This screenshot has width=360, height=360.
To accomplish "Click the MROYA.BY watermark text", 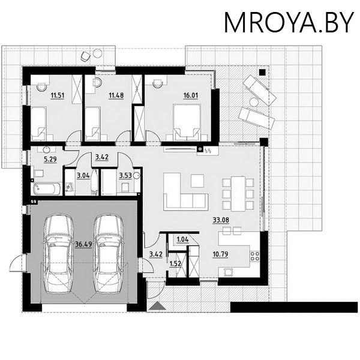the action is pyautogui.click(x=289, y=23).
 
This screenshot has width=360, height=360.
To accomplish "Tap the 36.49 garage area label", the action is pyautogui.click(x=83, y=244).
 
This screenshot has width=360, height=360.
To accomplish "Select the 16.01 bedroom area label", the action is pyautogui.click(x=191, y=95).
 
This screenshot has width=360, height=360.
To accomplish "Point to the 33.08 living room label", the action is pyautogui.click(x=221, y=220).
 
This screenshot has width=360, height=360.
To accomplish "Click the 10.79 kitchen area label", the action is pyautogui.click(x=220, y=254).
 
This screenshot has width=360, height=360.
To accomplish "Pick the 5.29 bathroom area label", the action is pyautogui.click(x=50, y=159).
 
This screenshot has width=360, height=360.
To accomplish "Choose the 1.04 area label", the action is pyautogui.click(x=183, y=239).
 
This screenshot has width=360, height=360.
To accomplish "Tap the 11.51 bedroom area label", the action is pyautogui.click(x=58, y=95).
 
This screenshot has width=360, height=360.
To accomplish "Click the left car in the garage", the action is pyautogui.click(x=59, y=254).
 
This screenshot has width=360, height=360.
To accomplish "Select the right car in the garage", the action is pyautogui.click(x=109, y=254).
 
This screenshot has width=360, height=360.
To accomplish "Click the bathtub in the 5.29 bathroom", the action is pyautogui.click(x=47, y=189).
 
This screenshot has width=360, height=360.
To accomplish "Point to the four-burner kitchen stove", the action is pyautogui.click(x=255, y=256).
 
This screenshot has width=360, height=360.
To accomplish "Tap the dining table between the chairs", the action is pyautogui.click(x=238, y=194).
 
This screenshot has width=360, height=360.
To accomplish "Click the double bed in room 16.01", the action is pyautogui.click(x=187, y=122).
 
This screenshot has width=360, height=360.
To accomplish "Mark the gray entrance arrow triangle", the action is pyautogui.click(x=157, y=306).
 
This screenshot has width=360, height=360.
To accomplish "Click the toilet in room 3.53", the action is pyautogui.click(x=125, y=187).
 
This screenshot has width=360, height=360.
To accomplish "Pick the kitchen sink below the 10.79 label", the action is pyautogui.click(x=228, y=272).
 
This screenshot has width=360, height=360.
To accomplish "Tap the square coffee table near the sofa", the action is pyautogui.click(x=197, y=181).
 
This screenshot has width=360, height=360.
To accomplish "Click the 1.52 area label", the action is pyautogui.click(x=175, y=264).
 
